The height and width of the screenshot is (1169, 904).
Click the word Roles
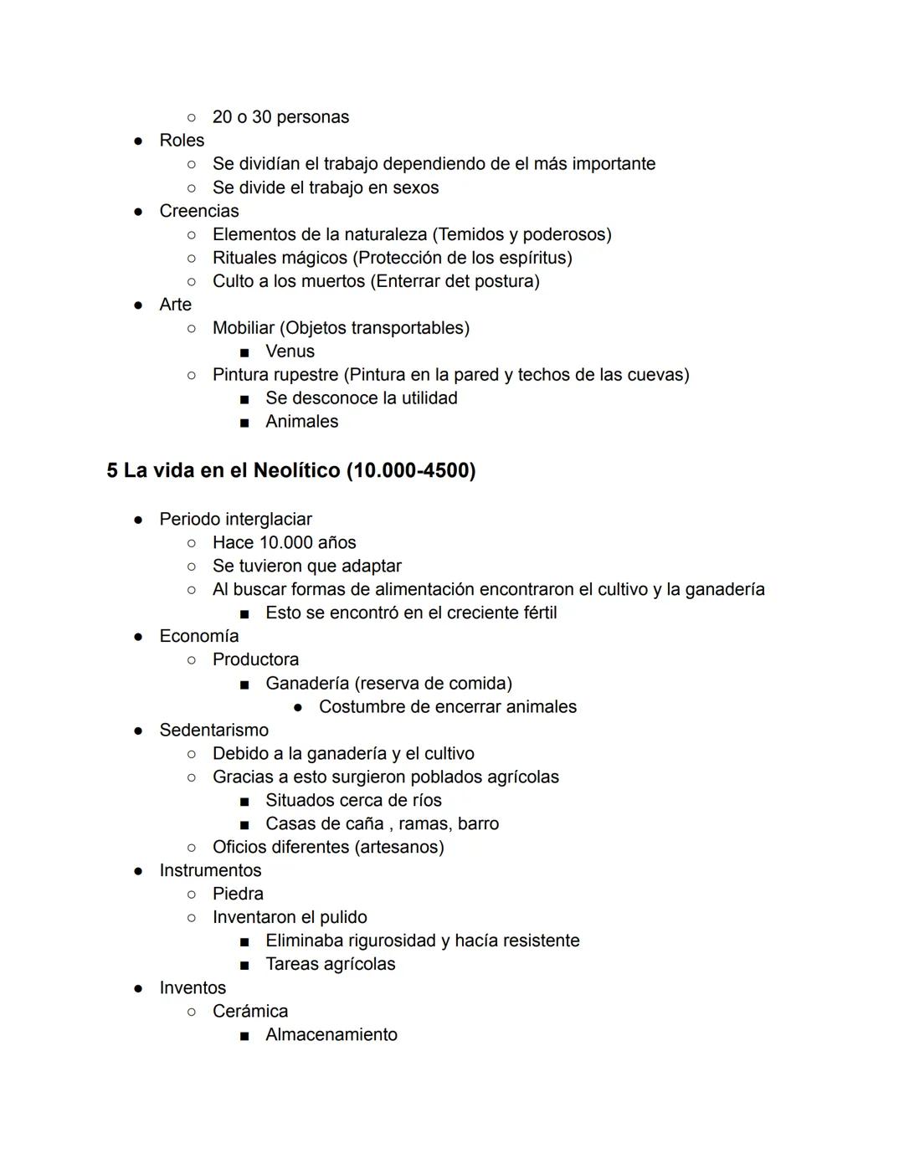point(182,141)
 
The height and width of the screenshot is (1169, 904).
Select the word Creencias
point(199,211)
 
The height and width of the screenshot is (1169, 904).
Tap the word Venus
point(290,351)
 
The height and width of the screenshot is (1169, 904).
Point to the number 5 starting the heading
point(112,470)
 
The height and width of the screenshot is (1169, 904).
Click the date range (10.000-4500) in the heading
point(411,470)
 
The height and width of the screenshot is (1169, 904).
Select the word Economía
point(199,636)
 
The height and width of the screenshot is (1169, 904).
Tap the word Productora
point(255,659)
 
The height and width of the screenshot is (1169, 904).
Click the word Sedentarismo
point(214,730)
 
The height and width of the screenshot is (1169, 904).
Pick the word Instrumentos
point(210,870)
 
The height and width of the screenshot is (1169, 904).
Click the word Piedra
point(238,894)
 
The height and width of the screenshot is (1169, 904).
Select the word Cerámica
point(250,1011)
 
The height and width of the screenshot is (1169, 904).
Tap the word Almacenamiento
point(331,1034)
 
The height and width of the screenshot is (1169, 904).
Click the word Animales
point(302,422)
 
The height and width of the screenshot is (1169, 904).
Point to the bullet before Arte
point(138,305)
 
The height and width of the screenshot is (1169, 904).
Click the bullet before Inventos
point(138,988)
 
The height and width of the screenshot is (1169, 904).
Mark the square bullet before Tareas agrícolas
point(244,965)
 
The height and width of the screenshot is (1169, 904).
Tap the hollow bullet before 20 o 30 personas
point(192,118)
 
